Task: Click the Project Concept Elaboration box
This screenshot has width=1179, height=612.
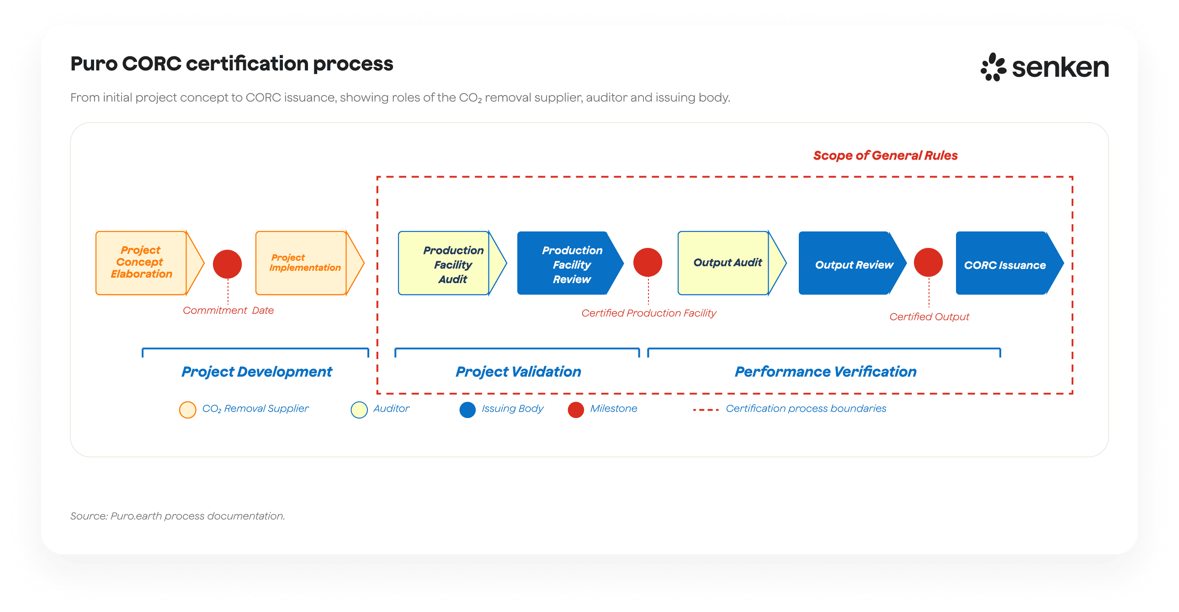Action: click(141, 263)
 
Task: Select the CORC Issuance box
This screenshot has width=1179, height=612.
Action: click(1004, 264)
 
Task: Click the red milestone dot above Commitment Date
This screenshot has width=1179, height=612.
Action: click(228, 264)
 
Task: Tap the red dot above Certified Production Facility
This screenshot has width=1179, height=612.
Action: click(648, 263)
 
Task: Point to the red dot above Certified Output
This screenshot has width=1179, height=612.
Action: click(928, 263)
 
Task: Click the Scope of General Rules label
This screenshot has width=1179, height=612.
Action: click(885, 156)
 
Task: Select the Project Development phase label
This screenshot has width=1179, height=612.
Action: click(256, 371)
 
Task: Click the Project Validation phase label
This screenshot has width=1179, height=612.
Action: click(518, 371)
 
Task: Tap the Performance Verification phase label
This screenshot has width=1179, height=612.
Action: click(825, 371)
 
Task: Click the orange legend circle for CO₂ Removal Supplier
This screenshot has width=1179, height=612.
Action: click(188, 409)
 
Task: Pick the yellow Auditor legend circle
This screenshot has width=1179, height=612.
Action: click(359, 409)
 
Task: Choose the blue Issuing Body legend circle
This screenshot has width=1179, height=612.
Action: click(467, 409)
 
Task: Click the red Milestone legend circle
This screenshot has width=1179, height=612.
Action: click(576, 409)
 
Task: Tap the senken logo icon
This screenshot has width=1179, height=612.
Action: click(993, 67)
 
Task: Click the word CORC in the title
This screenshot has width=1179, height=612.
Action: click(152, 64)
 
